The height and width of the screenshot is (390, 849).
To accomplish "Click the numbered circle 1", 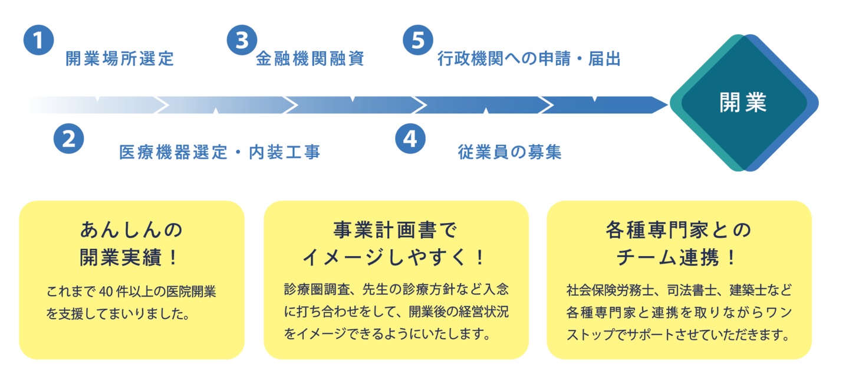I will (38, 40).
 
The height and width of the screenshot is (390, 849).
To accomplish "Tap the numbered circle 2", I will (68, 139).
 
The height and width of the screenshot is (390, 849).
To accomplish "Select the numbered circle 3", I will (242, 40).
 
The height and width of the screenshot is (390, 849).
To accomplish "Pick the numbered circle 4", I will (410, 139).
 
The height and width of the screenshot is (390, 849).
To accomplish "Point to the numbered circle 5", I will (417, 40).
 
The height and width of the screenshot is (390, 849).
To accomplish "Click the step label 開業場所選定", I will (120, 59).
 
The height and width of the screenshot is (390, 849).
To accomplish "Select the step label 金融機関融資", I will (310, 59).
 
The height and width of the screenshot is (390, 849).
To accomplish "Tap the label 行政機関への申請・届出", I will (529, 59).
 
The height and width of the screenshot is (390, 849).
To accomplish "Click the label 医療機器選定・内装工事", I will (219, 152).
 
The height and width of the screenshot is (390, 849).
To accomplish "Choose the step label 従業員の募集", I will (509, 152).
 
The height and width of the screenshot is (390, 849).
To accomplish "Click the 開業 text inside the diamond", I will (742, 103).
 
